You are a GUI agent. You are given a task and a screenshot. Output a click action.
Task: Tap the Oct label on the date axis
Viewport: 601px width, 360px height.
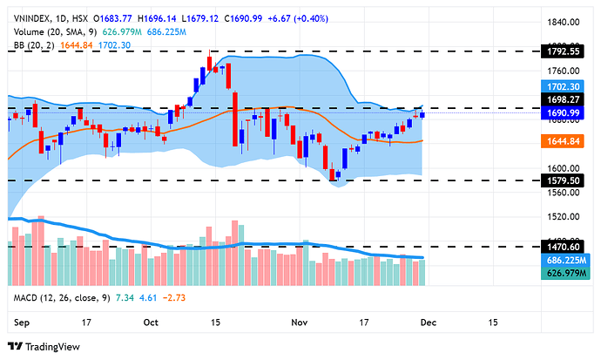(x=152, y=322)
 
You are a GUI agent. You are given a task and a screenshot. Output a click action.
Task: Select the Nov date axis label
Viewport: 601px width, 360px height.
(x=300, y=322)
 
